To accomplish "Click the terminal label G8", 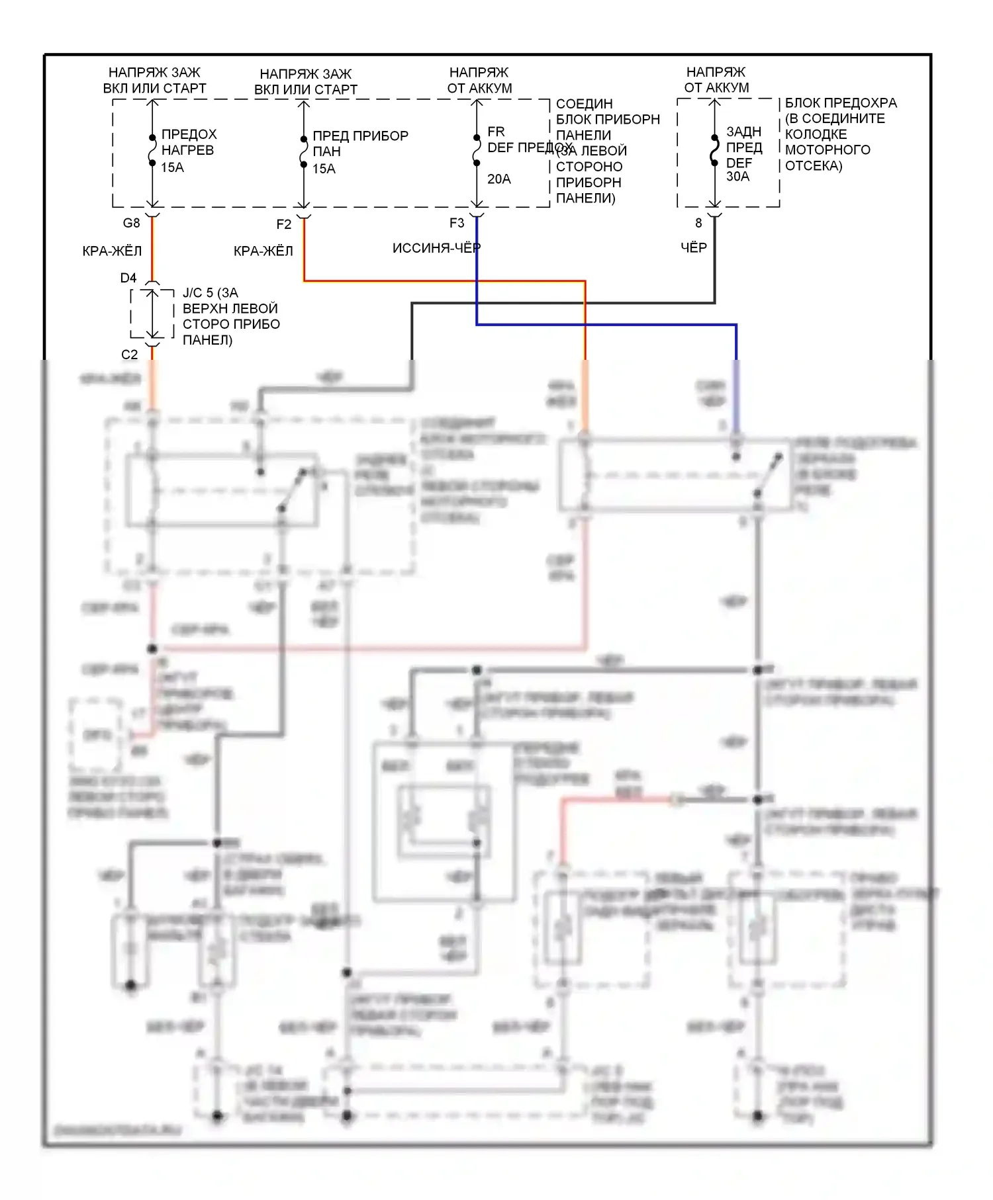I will [131, 223].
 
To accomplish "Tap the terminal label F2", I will [283, 224].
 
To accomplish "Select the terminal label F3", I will [457, 223].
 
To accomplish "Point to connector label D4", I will [128, 278].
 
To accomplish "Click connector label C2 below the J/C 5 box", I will [129, 355].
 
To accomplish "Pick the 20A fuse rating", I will [499, 179].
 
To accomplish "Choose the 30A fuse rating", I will [737, 177].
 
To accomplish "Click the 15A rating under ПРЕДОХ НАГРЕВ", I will [172, 167].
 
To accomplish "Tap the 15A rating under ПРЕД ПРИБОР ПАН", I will [324, 169].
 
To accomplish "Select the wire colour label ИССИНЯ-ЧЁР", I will [436, 248].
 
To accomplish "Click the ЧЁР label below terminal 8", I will [694, 247].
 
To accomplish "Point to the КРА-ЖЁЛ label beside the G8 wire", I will [112, 251].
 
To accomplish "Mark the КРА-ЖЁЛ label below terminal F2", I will [263, 251].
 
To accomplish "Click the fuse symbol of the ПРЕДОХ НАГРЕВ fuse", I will [152, 150].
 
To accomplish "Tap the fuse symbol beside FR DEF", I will [477, 150].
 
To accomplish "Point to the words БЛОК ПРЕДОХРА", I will [841, 103].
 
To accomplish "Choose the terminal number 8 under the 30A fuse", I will [698, 223].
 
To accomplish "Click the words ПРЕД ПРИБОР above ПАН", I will [360, 136].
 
